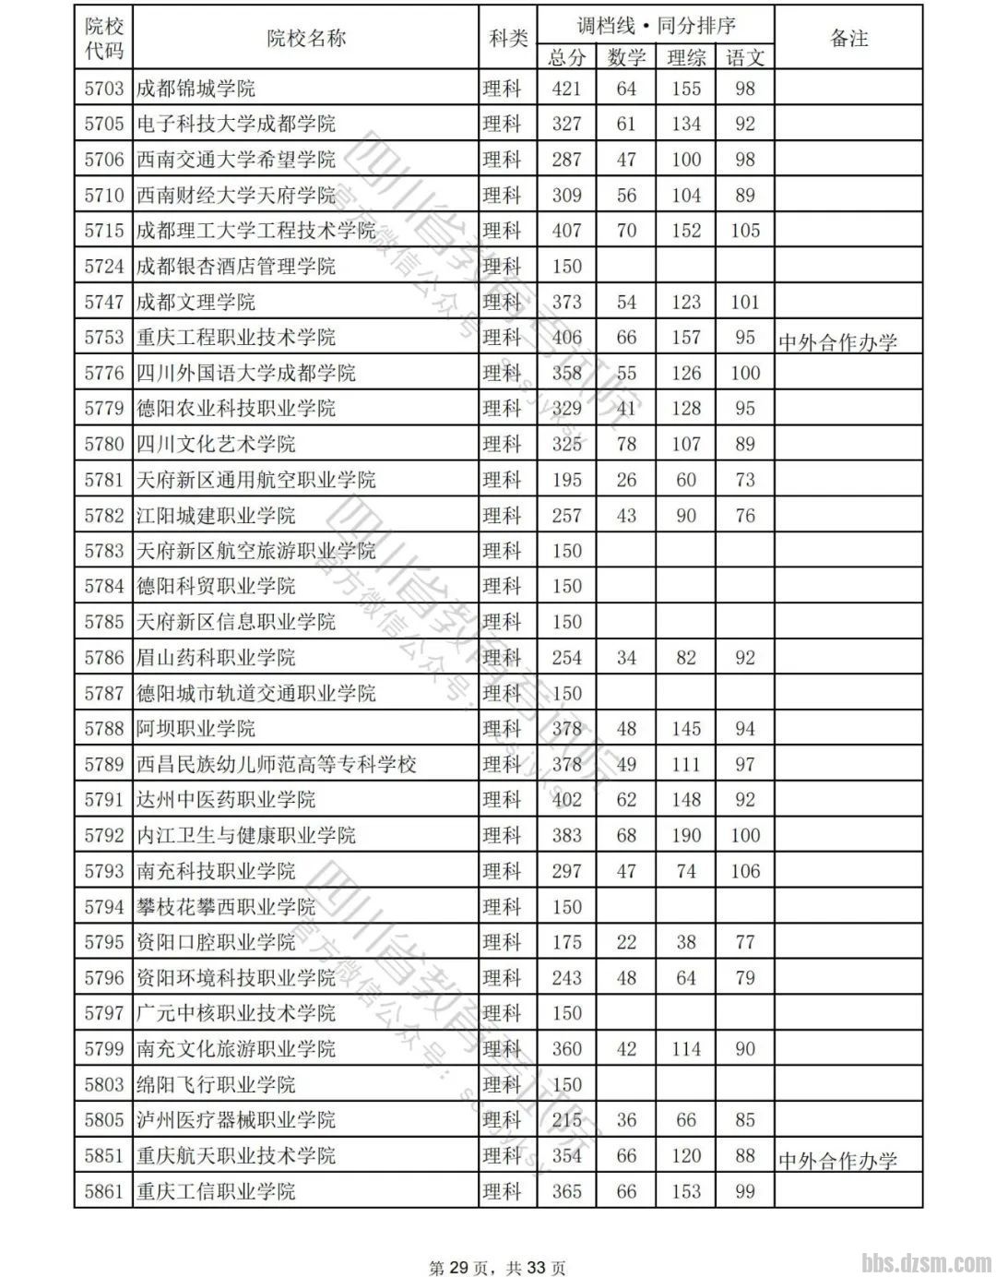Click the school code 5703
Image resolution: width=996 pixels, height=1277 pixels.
(x=103, y=89)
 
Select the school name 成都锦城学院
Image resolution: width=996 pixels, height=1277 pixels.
(x=196, y=89)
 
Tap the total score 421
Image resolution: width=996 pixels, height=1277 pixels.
(x=566, y=89)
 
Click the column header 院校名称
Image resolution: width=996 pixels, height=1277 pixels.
(x=306, y=38)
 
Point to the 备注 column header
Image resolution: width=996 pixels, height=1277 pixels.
(x=848, y=38)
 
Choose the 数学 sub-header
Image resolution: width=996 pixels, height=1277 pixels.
(x=626, y=57)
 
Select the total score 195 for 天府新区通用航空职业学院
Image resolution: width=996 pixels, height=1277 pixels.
(x=566, y=480)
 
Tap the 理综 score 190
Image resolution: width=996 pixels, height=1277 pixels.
(x=686, y=835)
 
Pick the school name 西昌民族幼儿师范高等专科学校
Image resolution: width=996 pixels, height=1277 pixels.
(x=277, y=764)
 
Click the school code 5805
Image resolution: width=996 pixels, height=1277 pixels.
(x=103, y=1120)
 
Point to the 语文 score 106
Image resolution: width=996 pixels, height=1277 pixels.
(x=745, y=871)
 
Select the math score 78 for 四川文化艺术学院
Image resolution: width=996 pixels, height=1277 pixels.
(x=626, y=444)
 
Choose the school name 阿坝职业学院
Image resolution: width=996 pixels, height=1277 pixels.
(x=196, y=729)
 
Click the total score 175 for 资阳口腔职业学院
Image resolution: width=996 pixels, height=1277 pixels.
(x=566, y=942)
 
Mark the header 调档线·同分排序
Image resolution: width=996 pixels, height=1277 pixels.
(x=656, y=25)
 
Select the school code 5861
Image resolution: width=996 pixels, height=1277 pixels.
(x=103, y=1191)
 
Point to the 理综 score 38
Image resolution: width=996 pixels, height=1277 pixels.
(x=686, y=942)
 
